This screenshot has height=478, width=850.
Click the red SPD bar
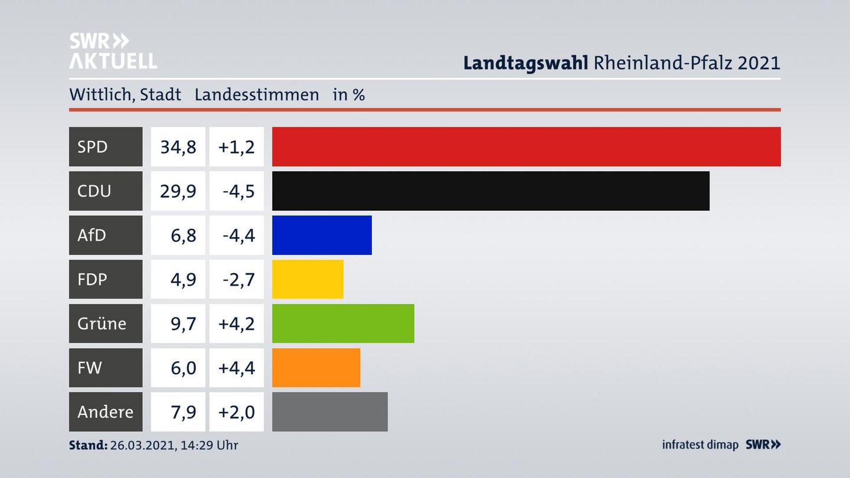tap(526, 146)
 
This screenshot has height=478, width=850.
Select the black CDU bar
tap(491, 191)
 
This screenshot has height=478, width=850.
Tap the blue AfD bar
tap(322, 235)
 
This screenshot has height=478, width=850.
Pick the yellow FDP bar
tap(308, 279)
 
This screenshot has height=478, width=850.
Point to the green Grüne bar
tap(343, 323)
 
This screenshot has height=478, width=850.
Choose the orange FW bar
tap(316, 368)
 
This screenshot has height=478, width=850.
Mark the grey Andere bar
tap(329, 411)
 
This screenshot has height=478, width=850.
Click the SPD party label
tap(93, 146)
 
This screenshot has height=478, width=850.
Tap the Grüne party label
tap(102, 323)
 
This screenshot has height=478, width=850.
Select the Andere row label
tap(105, 411)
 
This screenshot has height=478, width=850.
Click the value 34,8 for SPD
tap(178, 146)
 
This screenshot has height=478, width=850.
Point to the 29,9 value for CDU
tap(178, 191)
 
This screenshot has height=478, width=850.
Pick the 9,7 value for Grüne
tap(183, 323)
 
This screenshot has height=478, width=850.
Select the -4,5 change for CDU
tap(238, 191)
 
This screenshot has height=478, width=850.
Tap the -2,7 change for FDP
tap(238, 279)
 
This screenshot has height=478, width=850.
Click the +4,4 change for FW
tap(236, 368)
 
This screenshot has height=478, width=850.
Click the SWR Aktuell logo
tap(113, 51)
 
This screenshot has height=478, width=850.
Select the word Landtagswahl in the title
tap(525, 63)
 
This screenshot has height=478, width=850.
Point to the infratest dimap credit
tap(700, 444)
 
